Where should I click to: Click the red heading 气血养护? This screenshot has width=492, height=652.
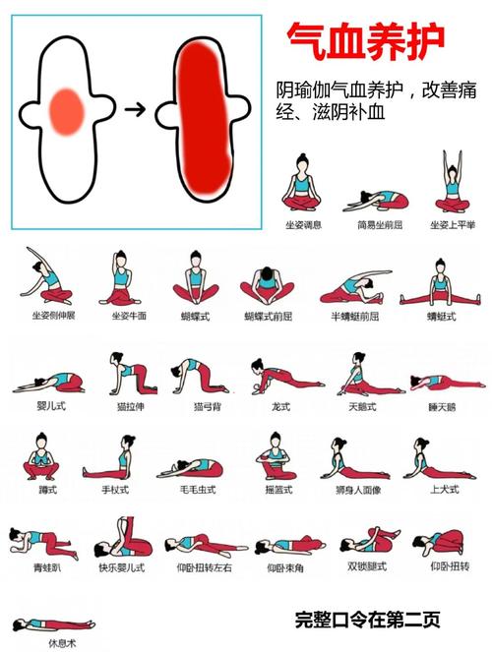tap(365, 41)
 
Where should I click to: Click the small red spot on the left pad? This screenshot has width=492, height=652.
tap(69, 110)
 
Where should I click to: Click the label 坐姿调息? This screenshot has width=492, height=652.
tap(304, 224)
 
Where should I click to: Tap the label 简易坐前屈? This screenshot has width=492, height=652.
tap(378, 224)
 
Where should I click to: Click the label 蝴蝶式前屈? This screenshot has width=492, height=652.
tap(268, 317)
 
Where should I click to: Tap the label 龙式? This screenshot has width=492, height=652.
tap(279, 405)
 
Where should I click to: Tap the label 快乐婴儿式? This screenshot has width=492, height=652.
tap(122, 567)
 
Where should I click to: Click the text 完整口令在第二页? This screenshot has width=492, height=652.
tap(367, 621)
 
